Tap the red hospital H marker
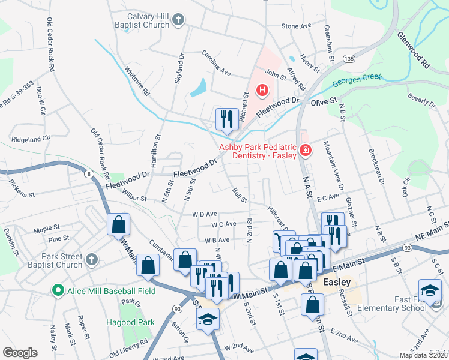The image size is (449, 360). (x=262, y=91)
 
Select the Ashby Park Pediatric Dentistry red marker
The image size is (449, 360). (x=305, y=149)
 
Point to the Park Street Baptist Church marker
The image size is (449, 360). (x=91, y=260)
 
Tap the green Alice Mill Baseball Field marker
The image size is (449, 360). (x=58, y=291)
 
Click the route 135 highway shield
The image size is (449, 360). (x=349, y=58)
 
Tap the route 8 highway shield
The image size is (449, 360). (x=89, y=174)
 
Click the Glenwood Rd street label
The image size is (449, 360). (x=414, y=50)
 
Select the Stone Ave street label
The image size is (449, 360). (x=297, y=26)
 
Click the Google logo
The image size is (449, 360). (x=20, y=353)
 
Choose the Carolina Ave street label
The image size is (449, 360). (x=216, y=63)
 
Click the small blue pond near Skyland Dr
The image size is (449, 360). (x=198, y=88)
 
